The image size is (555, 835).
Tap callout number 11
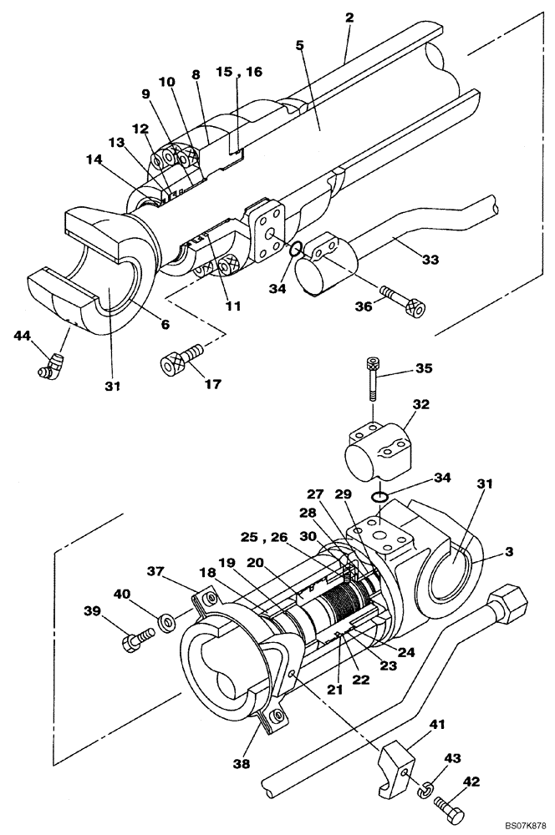click(x=232, y=306)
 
